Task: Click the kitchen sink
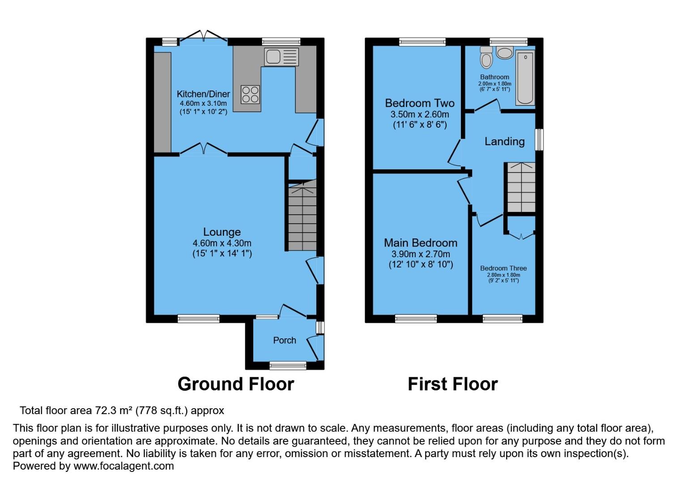pyautogui.click(x=281, y=57)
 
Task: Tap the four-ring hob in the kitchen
pyautogui.click(x=250, y=95)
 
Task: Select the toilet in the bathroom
pyautogui.click(x=486, y=58)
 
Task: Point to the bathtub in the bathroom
pyautogui.click(x=525, y=78)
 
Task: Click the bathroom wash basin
pyautogui.click(x=505, y=53)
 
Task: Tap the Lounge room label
pyautogui.click(x=222, y=232)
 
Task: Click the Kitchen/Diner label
pyautogui.click(x=203, y=94)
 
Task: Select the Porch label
pyautogui.click(x=285, y=340)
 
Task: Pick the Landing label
pyautogui.click(x=504, y=142)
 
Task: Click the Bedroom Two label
pyautogui.click(x=419, y=103)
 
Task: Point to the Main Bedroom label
pyautogui.click(x=421, y=243)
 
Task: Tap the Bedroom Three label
pyautogui.click(x=503, y=268)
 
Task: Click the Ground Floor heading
pyautogui.click(x=236, y=384)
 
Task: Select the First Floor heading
pyautogui.click(x=452, y=384)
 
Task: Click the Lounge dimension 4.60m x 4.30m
pyautogui.click(x=222, y=243)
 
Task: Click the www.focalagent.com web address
pyautogui.click(x=124, y=466)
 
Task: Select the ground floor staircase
pyautogui.click(x=302, y=217)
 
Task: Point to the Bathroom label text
pyautogui.click(x=494, y=77)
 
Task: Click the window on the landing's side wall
pyautogui.click(x=540, y=140)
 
